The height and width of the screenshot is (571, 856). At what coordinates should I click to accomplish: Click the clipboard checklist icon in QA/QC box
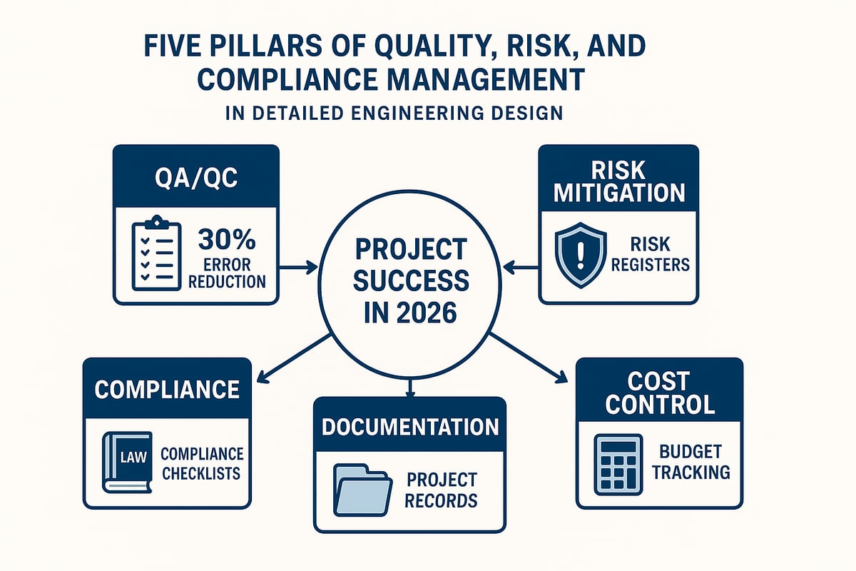click(156, 256)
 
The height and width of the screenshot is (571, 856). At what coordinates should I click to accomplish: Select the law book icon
click(127, 462)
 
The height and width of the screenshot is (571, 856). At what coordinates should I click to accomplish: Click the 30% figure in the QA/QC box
click(223, 236)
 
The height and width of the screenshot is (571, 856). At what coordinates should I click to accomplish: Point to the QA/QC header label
click(195, 176)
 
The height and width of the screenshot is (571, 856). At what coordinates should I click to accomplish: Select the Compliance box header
click(167, 389)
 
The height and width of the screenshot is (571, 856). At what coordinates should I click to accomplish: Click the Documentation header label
click(410, 426)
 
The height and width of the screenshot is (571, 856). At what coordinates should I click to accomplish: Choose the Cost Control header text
click(659, 393)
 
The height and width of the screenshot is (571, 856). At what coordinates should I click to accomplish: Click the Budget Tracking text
click(690, 461)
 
